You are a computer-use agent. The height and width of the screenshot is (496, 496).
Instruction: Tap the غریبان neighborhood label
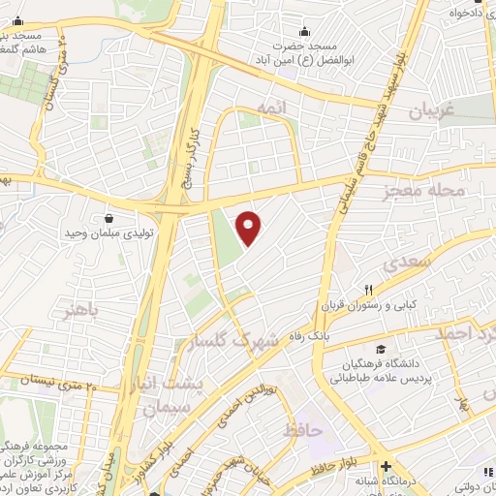433,111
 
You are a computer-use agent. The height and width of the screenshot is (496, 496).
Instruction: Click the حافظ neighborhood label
303,429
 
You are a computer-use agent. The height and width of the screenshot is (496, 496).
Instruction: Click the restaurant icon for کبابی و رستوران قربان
368,289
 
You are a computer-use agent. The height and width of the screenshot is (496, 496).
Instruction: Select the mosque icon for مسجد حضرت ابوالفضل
305,32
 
